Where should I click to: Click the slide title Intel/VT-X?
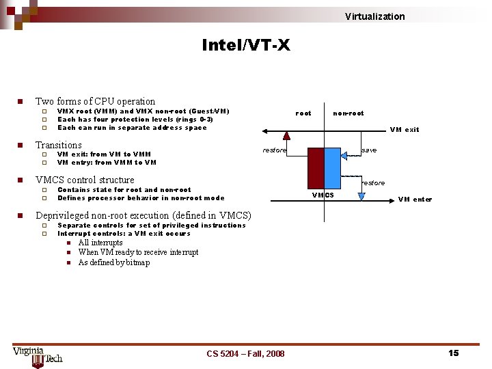click(245, 45)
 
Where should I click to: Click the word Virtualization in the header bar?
click(374, 16)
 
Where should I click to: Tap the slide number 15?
click(453, 353)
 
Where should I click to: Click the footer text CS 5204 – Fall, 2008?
click(245, 353)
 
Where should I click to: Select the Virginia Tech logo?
click(38, 355)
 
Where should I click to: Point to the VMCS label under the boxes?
click(323, 195)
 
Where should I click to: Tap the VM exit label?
click(405, 129)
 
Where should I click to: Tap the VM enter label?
click(415, 200)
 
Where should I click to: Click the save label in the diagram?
click(368, 150)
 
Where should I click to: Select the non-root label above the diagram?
click(348, 113)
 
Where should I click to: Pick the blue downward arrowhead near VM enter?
click(361, 197)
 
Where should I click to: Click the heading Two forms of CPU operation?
click(95, 101)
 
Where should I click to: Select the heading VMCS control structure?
click(85, 180)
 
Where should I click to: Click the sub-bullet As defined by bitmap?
click(113, 262)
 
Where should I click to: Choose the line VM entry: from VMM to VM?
click(107, 163)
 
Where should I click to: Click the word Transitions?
click(58, 145)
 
